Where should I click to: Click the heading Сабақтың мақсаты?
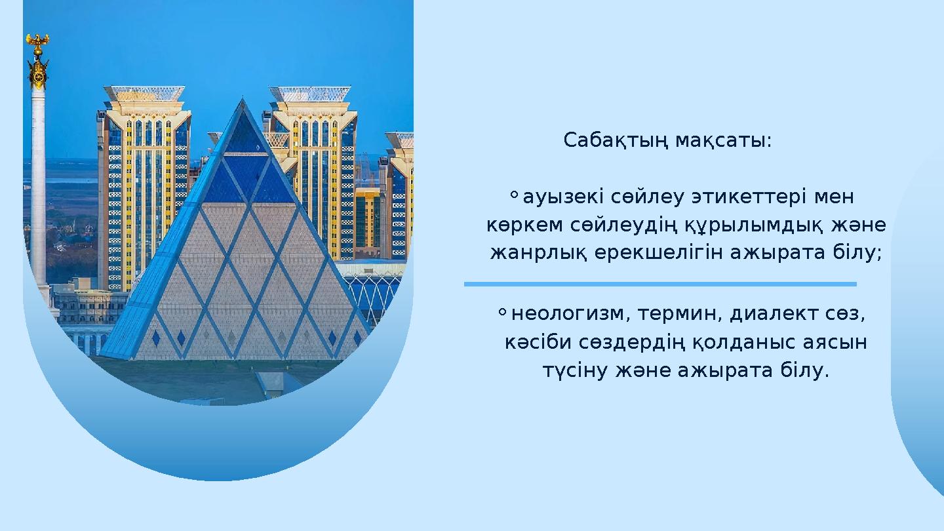pos(667,141)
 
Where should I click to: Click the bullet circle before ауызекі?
pos(513,194)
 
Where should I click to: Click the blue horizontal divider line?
pos(660,284)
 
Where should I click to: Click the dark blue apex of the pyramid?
pos(244,131)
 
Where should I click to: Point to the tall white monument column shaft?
pos(39,190)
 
